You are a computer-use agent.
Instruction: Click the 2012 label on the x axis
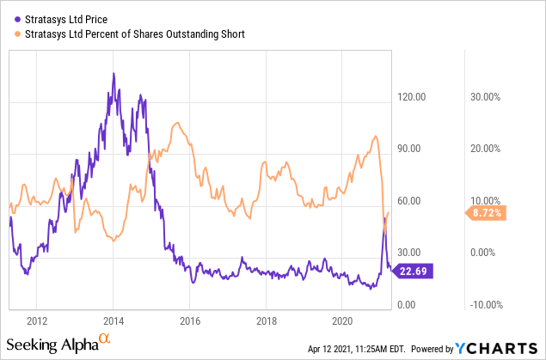36,321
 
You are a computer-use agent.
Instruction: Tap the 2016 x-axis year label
189,321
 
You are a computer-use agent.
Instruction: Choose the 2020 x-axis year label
342,321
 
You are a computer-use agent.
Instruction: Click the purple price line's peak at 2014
113,74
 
